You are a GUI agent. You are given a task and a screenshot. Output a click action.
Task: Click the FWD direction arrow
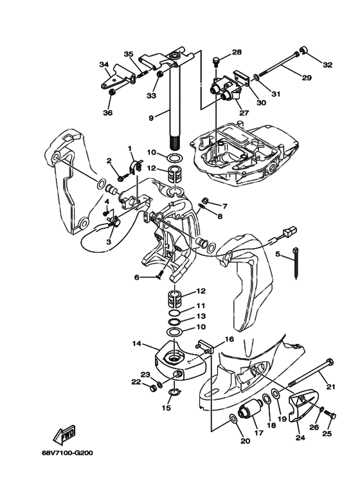pyautogui.click(x=65, y=434)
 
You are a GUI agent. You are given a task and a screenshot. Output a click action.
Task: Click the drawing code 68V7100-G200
pyautogui.click(x=67, y=453)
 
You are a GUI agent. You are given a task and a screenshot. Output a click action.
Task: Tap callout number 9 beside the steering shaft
pyautogui.click(x=151, y=118)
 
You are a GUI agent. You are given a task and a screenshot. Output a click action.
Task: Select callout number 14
pyautogui.click(x=136, y=343)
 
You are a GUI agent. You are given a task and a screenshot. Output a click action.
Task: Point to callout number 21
pyautogui.click(x=330, y=386)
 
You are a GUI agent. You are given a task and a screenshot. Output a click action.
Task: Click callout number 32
pyautogui.click(x=328, y=65)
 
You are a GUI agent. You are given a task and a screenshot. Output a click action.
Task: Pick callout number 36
pyautogui.click(x=108, y=113)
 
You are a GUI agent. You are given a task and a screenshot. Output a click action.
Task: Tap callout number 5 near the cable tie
pyautogui.click(x=278, y=254)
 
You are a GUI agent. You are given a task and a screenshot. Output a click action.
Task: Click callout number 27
pyautogui.click(x=244, y=113)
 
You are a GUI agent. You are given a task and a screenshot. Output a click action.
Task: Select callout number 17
pyautogui.click(x=259, y=433)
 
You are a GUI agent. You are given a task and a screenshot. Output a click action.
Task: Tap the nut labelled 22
pyautogui.click(x=152, y=388)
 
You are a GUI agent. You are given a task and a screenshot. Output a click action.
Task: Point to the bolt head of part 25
pyautogui.click(x=333, y=415)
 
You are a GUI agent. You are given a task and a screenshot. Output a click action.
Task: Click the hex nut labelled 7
pyautogui.click(x=205, y=201)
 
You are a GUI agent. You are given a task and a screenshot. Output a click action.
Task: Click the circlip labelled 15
pyautogui.click(x=174, y=393)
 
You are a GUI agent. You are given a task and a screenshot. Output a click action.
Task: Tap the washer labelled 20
pyautogui.click(x=233, y=419)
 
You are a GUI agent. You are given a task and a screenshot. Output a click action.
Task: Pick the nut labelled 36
pyautogui.click(x=111, y=92)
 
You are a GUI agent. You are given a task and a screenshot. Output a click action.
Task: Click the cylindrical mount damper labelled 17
pyautogui.click(x=250, y=411)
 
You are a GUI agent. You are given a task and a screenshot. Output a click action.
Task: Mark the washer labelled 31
pyautogui.click(x=256, y=78)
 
